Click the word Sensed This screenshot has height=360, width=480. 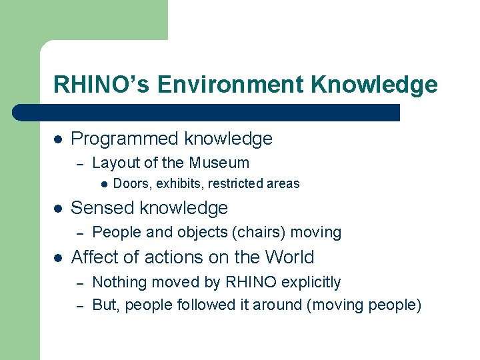click(100, 208)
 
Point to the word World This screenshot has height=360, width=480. click(289, 257)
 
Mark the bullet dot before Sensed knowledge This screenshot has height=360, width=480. click(58, 209)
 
